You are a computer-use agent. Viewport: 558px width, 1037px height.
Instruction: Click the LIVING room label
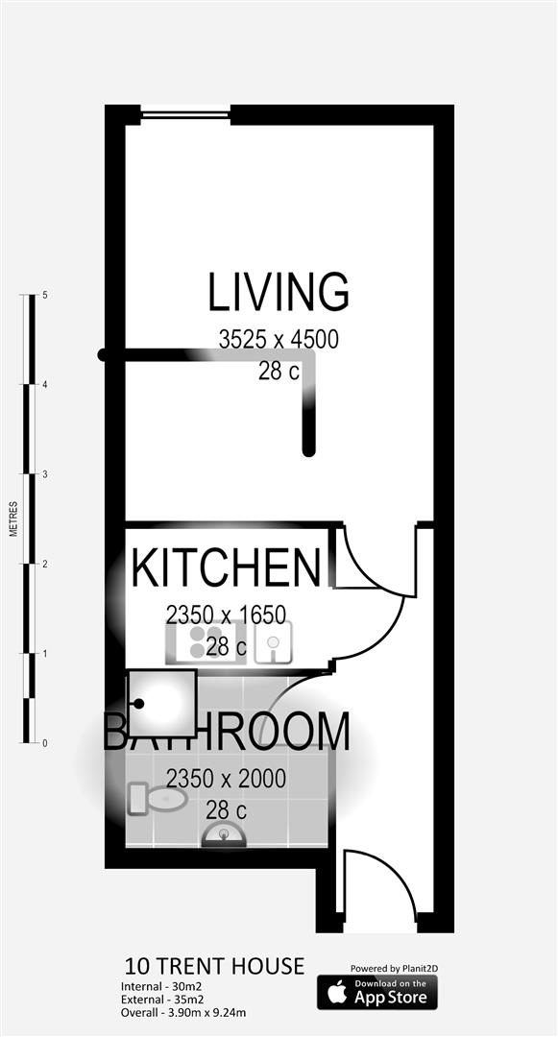[x=279, y=293]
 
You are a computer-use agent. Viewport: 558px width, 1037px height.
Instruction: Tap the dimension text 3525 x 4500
[x=279, y=340]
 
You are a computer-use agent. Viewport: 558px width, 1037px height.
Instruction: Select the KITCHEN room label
[x=226, y=568]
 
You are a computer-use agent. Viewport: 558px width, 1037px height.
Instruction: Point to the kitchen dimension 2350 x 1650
[x=226, y=614]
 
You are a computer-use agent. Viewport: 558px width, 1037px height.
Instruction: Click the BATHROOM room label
[x=227, y=733]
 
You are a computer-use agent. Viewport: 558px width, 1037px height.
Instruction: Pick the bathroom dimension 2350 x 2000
[x=226, y=779]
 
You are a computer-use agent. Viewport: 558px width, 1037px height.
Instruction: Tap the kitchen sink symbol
[x=274, y=642]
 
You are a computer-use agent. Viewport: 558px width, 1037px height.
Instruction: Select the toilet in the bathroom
[x=157, y=798]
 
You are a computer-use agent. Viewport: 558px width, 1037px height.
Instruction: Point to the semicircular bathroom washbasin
[x=224, y=835]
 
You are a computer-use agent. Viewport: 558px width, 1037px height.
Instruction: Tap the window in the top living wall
[x=185, y=115]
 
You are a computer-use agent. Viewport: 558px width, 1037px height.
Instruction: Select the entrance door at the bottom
[x=379, y=888]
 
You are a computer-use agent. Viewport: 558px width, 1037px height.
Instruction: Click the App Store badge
[x=377, y=992]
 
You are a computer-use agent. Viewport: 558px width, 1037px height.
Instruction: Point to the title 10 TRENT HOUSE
[x=214, y=966]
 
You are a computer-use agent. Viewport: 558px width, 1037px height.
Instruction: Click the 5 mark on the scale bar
[x=45, y=296]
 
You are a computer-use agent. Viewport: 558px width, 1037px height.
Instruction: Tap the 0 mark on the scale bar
[x=45, y=743]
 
